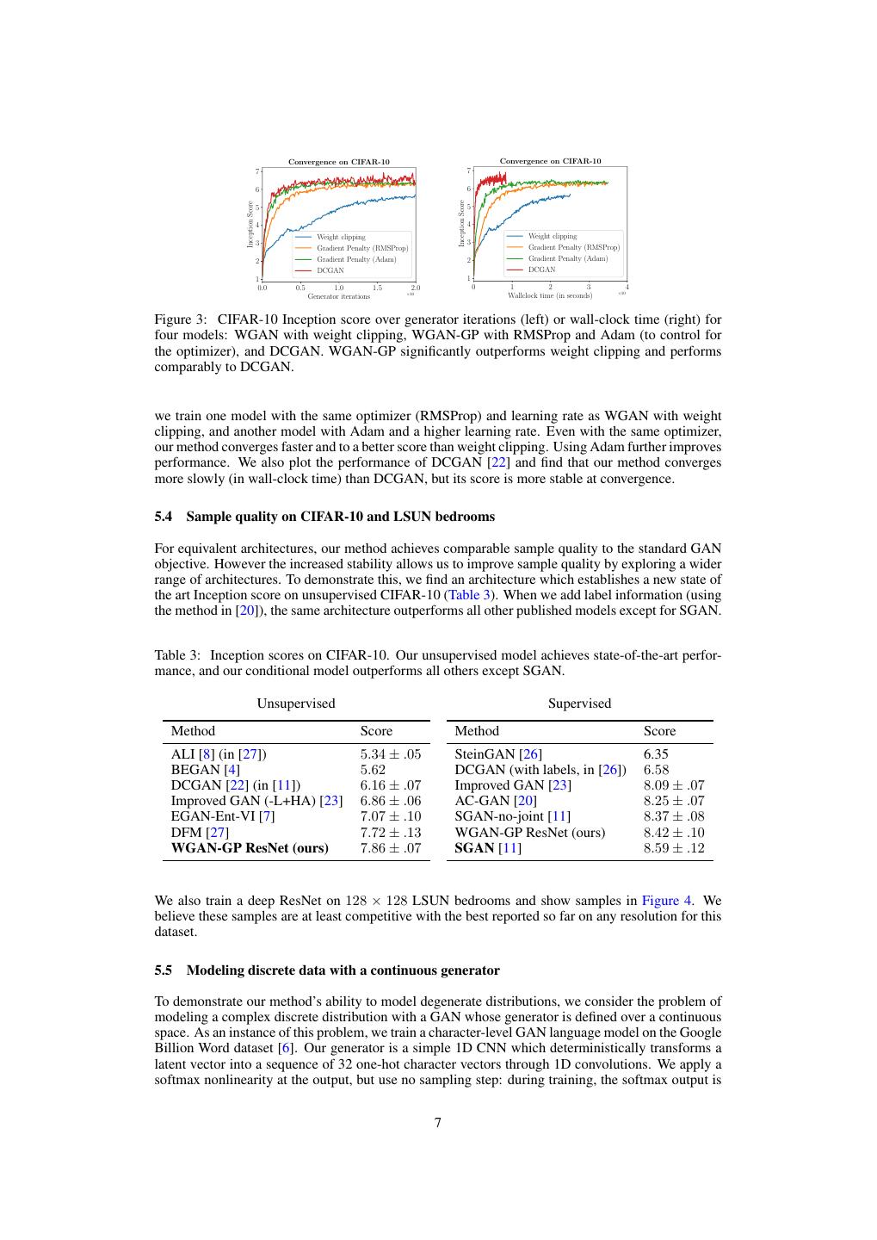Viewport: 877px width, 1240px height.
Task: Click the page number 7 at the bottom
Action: tap(438, 1122)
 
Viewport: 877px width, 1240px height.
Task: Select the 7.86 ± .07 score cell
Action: tap(390, 848)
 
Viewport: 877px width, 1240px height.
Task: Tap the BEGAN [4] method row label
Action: tap(205, 770)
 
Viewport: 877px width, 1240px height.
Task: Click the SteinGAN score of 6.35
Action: tap(656, 754)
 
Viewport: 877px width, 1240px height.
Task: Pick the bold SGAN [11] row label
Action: tap(487, 848)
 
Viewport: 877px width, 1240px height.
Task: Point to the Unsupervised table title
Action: tap(295, 704)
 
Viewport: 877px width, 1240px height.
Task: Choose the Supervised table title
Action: tap(579, 704)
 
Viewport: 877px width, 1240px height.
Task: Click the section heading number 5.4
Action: tap(164, 517)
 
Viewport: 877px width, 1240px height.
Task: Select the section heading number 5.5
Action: tap(164, 970)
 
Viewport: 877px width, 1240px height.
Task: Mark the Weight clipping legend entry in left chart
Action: tap(341, 237)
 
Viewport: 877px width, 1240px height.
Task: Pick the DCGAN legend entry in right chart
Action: tap(541, 270)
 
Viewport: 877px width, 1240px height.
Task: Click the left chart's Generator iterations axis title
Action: tap(338, 296)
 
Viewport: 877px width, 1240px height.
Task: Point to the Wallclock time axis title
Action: tap(549, 295)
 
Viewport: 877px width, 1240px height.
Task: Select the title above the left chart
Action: tap(338, 162)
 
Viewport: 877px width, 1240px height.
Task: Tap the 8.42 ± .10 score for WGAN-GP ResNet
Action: tap(673, 833)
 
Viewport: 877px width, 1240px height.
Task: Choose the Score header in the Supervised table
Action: tap(659, 731)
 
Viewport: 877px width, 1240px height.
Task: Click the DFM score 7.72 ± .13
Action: tap(390, 833)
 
